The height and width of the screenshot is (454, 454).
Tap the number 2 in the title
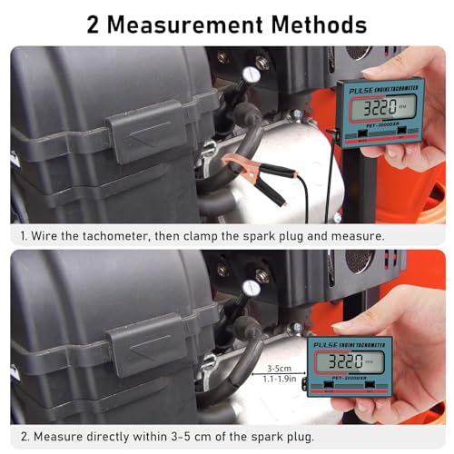(94, 25)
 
